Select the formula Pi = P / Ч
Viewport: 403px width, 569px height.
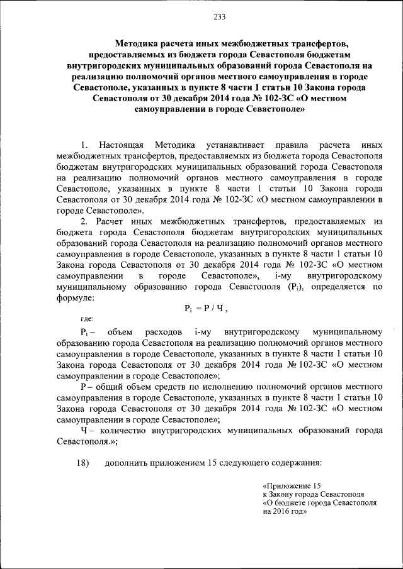click(x=205, y=308)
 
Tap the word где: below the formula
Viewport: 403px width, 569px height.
click(x=88, y=319)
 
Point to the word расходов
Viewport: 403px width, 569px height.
click(x=162, y=331)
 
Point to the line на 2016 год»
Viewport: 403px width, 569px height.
click(x=285, y=511)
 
